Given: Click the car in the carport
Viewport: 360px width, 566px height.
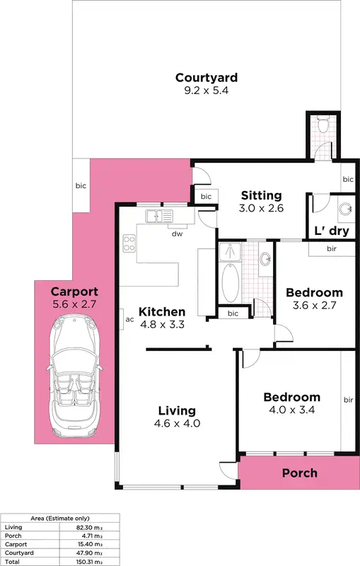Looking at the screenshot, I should point(74,379).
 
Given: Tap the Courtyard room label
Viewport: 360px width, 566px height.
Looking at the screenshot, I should point(206,78).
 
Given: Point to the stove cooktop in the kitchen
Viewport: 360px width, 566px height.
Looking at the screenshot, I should point(129,243).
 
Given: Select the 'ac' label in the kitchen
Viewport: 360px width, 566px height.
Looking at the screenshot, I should point(129,319).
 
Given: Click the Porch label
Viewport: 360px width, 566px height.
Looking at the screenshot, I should point(300,473).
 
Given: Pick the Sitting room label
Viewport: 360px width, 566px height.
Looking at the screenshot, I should point(261,195).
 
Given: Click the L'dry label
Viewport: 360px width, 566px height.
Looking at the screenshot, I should point(331,231).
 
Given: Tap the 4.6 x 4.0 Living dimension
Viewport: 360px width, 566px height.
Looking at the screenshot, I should point(177,424).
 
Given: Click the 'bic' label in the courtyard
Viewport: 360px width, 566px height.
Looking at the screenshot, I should point(81,187).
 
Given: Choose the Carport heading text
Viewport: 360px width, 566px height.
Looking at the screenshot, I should point(74,291).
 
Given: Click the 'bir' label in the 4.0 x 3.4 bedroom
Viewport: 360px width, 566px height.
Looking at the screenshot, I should point(347,400).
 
